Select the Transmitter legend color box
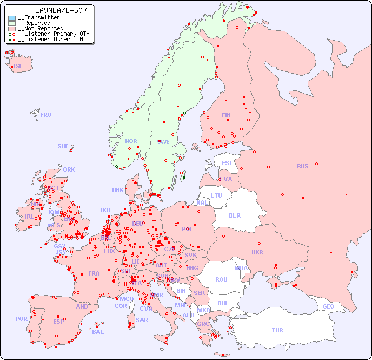tap(12, 18)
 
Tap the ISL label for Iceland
tap(18, 67)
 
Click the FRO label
tap(46, 115)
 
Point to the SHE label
tap(63, 146)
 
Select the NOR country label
tap(131, 141)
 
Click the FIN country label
tap(226, 115)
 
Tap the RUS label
tap(302, 166)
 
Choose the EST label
tap(227, 163)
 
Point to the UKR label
tap(257, 252)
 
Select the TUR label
tap(277, 330)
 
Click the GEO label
tap(328, 306)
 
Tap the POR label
tap(21, 319)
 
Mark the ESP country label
tap(58, 321)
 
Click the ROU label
tap(221, 279)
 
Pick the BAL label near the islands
tap(97, 332)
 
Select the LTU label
tap(216, 195)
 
